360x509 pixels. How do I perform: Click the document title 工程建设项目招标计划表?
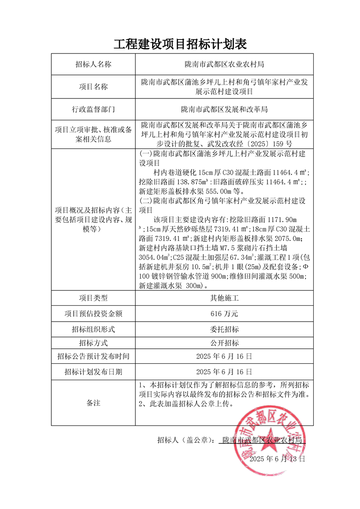180,44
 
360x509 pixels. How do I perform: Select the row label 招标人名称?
93,64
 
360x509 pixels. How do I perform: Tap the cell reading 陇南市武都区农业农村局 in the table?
224,64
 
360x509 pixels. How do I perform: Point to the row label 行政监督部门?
93,109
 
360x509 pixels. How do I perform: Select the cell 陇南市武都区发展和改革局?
224,109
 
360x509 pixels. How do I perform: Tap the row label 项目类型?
93,298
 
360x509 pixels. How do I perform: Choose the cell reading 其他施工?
224,298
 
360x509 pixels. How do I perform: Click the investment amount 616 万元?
224,313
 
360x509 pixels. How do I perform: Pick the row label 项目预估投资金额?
93,313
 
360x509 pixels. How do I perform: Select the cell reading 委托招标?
224,328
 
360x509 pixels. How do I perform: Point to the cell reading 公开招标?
224,343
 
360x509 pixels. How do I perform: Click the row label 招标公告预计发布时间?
93,357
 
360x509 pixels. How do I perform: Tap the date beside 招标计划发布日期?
224,372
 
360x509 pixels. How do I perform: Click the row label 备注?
93,403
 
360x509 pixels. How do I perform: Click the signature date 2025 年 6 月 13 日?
277,459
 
